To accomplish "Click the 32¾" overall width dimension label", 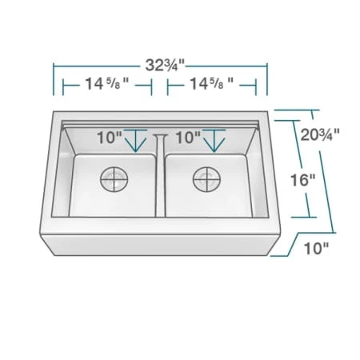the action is (x=165, y=66).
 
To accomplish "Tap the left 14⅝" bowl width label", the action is (x=107, y=84).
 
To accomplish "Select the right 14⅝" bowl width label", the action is (x=211, y=84).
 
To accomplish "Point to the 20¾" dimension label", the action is (x=320, y=134).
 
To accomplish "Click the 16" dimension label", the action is (x=302, y=180).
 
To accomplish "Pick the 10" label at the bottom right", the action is (x=317, y=249).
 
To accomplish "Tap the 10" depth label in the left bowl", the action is (x=109, y=138).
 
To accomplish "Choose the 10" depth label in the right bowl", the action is (x=188, y=138).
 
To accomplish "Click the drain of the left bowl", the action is (x=114, y=179).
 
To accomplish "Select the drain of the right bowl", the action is (x=206, y=179).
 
